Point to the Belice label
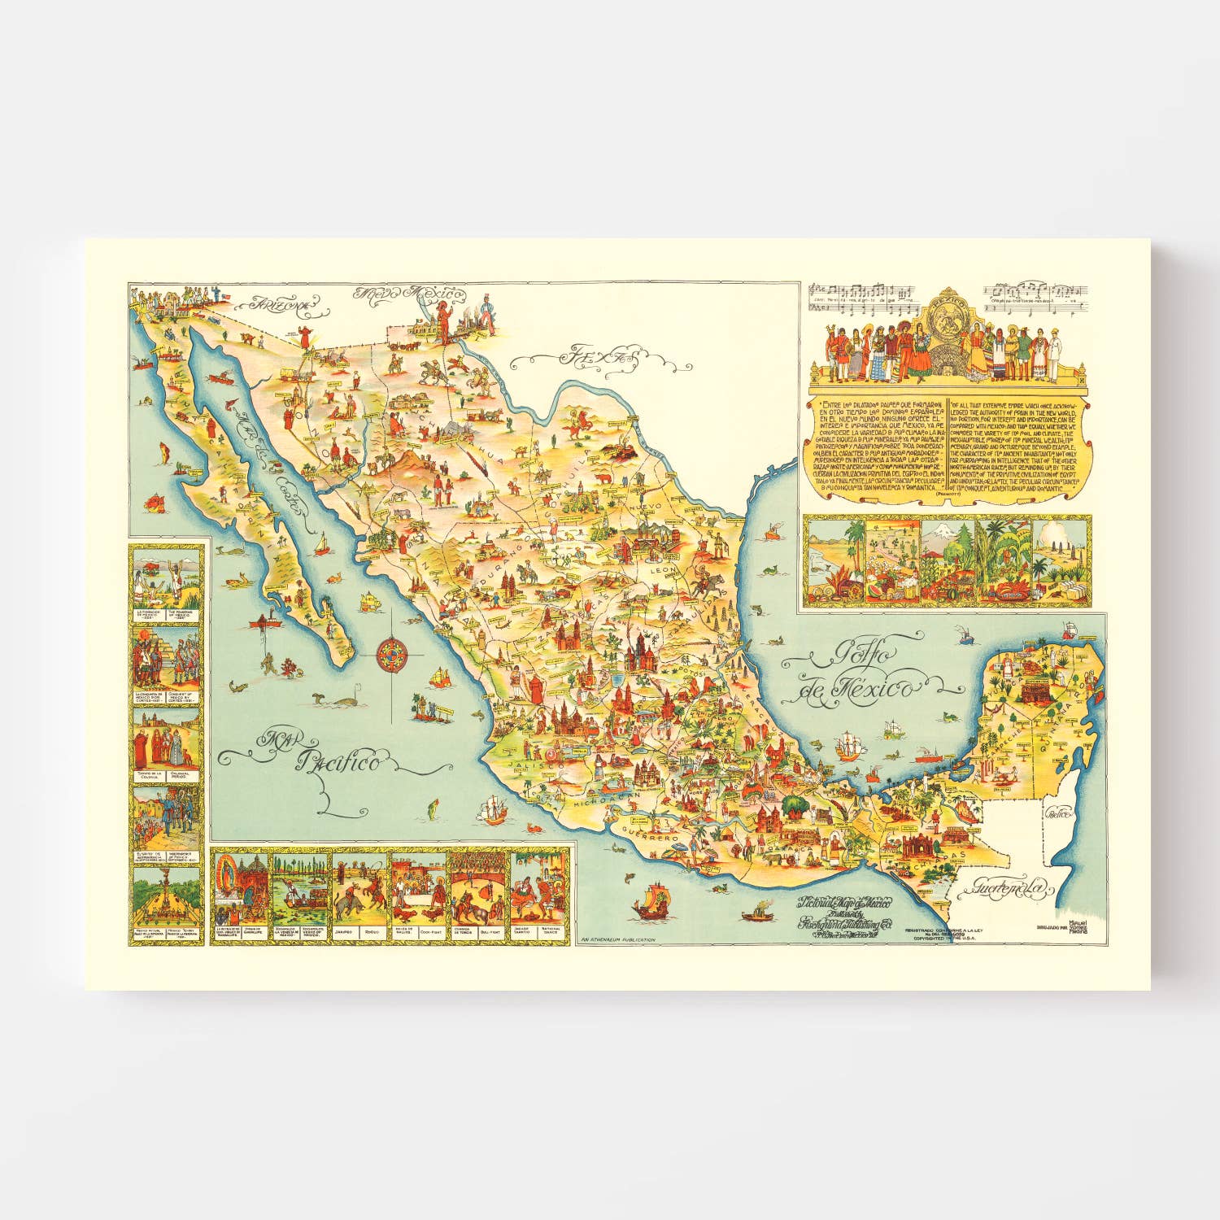click(1058, 813)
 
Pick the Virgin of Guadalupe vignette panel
click(240, 894)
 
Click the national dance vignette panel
click(538, 894)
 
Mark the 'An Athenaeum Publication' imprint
click(618, 939)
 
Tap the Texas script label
click(591, 356)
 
